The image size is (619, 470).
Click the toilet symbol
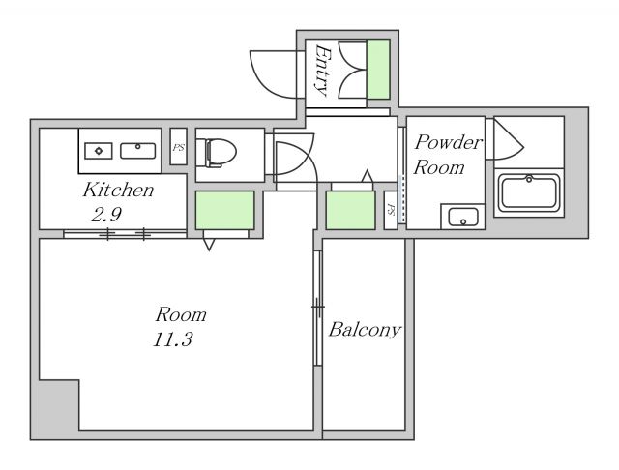point(216,153)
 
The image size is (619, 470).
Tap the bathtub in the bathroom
point(529,193)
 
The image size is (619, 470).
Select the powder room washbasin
point(463,217)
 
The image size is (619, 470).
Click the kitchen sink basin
point(137,151)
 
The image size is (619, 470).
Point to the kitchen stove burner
point(99,151)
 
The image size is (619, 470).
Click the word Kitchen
point(118,191)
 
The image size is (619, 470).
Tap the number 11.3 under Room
point(172,339)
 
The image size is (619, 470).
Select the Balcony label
point(366,330)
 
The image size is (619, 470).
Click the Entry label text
point(323,71)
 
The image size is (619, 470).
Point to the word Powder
point(448,142)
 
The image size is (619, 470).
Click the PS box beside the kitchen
point(178,146)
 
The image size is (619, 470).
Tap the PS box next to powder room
point(391,210)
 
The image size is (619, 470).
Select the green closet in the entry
point(378,69)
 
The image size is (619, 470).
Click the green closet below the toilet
point(224,210)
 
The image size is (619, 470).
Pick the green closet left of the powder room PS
point(350,210)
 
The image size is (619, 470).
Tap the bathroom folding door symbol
point(508,138)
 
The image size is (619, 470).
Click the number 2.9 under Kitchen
point(105,215)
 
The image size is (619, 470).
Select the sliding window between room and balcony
point(318,308)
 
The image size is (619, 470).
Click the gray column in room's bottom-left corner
point(59,405)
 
